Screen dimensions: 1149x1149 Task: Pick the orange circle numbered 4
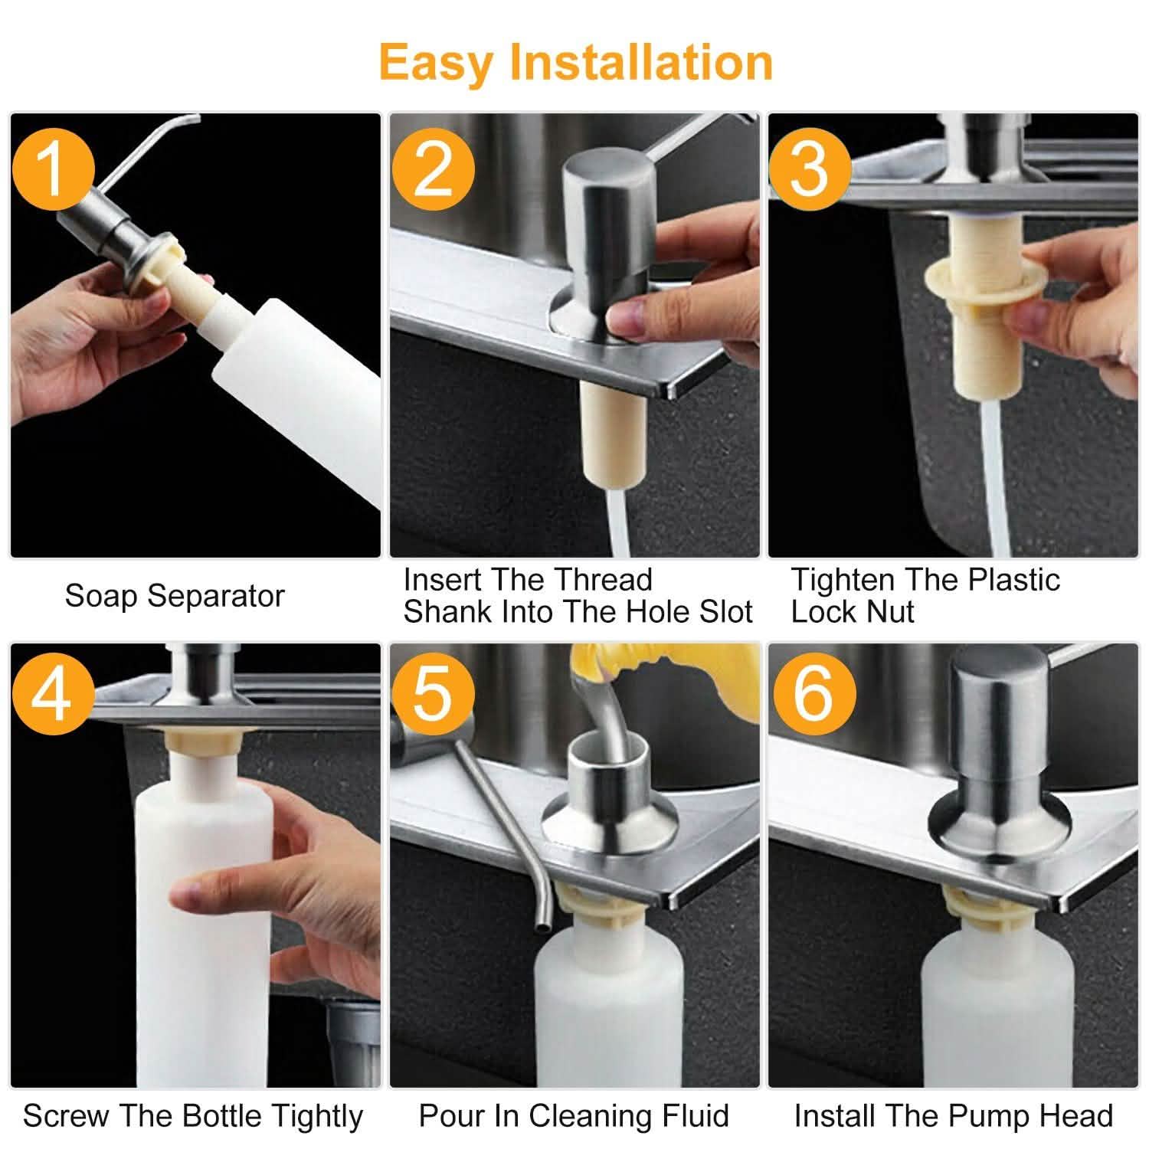coord(52,696)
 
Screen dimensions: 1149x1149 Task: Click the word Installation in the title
coord(642,62)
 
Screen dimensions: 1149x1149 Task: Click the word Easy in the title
coord(436,64)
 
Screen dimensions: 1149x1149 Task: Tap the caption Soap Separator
coord(175,596)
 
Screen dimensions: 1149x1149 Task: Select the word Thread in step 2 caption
coord(603,579)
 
